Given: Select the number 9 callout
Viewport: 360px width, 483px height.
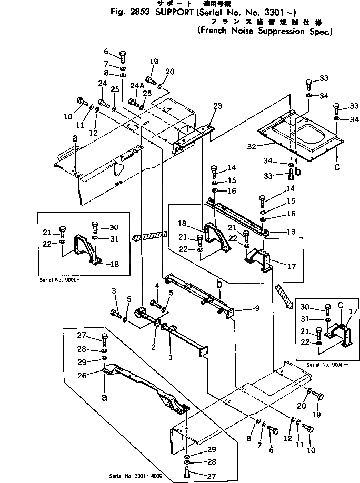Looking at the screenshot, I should pos(257,308).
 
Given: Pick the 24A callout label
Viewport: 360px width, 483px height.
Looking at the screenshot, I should pos(136,85).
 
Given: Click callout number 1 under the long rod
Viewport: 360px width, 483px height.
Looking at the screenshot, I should pos(170,357).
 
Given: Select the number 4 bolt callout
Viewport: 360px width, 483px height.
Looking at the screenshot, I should pos(157,286).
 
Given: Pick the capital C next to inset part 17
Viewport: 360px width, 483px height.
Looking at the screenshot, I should pos(341,305).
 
